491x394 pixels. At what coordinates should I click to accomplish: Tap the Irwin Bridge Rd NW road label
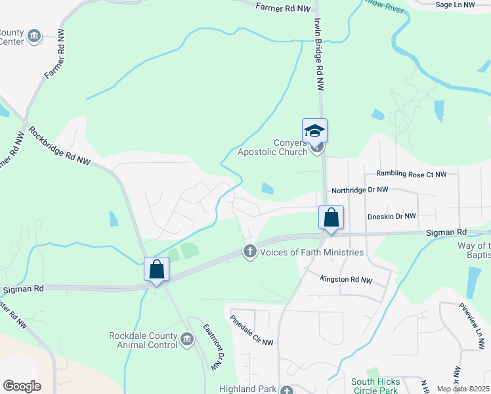point(320,53)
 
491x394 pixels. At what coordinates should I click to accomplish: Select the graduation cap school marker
point(314,131)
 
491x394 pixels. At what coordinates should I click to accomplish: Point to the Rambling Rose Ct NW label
point(411,174)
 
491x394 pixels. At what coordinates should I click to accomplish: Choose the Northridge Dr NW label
point(360,190)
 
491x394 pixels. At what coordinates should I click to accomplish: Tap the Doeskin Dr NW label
point(392,216)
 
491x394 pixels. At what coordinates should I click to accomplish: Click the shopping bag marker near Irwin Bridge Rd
point(331,217)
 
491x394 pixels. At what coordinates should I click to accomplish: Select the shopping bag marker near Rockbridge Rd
point(156,269)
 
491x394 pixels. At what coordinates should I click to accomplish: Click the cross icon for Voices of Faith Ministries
point(249,252)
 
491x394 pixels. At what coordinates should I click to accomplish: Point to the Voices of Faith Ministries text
point(312,252)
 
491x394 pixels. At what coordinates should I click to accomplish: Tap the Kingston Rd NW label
point(346,280)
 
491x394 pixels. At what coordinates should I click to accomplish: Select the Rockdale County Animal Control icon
point(187,339)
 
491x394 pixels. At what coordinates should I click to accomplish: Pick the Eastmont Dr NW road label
point(213,347)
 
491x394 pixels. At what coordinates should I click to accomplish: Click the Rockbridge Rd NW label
point(60,146)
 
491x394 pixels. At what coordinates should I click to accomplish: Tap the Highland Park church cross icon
point(286,390)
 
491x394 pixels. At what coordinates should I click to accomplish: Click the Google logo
point(22,386)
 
